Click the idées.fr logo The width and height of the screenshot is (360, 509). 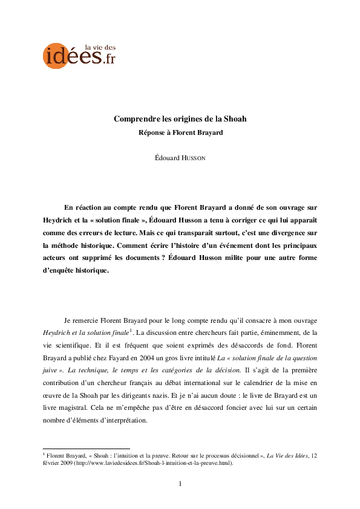click(79, 55)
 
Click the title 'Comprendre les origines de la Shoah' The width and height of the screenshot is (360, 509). click(180, 118)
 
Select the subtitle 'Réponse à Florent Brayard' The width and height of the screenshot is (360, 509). click(180, 132)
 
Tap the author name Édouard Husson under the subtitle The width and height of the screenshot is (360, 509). click(180, 158)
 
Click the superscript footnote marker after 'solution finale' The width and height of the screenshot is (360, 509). click(131, 330)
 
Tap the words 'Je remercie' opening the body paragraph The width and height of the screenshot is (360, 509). click(80, 319)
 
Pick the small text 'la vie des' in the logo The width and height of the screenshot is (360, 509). click(100, 47)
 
